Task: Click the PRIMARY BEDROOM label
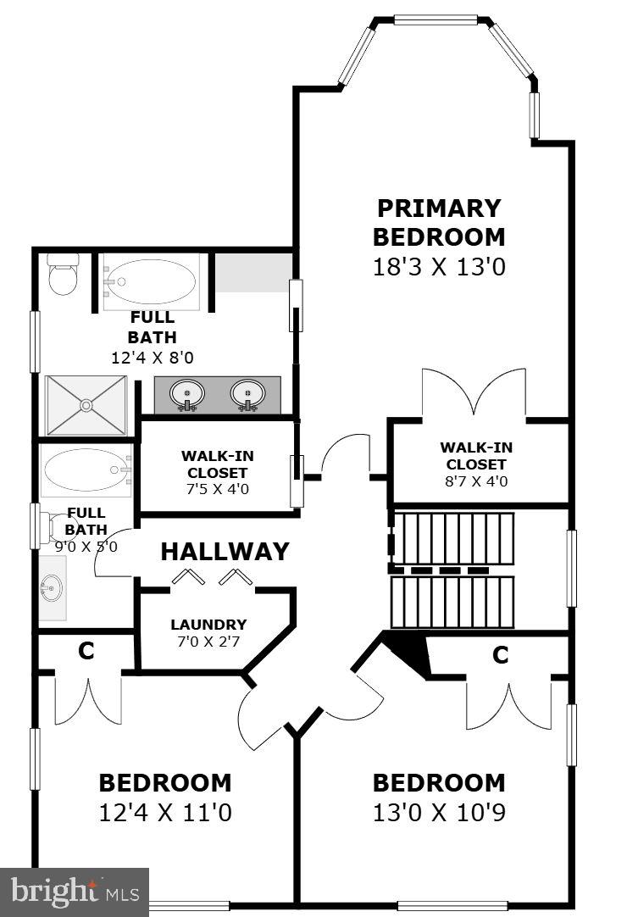439,222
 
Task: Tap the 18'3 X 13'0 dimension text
439,267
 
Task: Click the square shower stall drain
86,406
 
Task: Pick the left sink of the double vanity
186,393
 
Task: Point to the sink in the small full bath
53,586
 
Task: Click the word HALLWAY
225,552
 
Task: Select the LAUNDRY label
208,625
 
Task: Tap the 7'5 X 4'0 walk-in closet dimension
217,489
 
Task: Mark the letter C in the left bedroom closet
86,651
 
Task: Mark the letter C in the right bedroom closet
501,654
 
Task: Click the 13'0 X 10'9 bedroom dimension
439,814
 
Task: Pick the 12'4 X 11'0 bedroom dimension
165,814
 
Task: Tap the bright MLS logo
74,892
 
